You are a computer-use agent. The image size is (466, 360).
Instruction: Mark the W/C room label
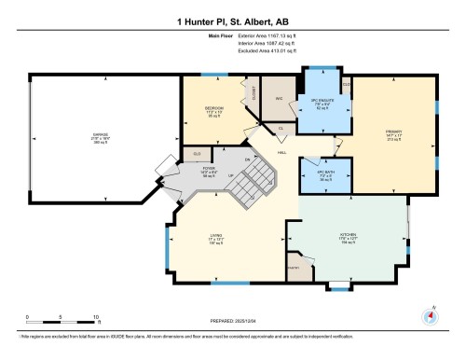278,99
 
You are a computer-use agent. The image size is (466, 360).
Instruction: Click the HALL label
281,152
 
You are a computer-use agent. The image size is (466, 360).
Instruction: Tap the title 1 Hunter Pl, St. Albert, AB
233,21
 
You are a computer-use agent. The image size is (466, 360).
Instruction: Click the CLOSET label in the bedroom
253,92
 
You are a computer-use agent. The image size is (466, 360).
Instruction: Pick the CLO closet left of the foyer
197,152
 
